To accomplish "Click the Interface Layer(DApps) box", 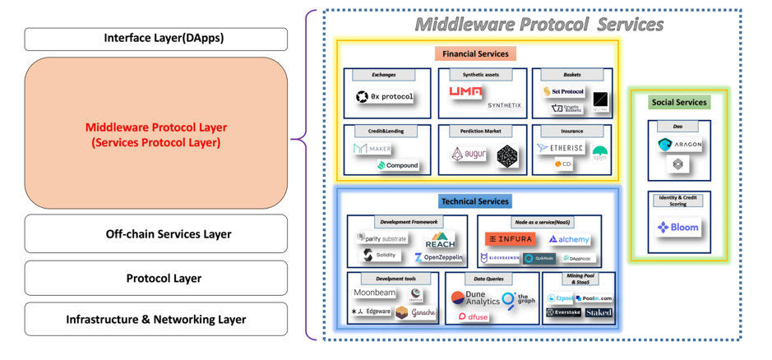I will pyautogui.click(x=156, y=39).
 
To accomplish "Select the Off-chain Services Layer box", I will pyautogui.click(x=156, y=234).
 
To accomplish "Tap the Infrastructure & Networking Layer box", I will pyautogui.click(x=156, y=319).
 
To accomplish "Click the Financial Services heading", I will pyautogui.click(x=474, y=53).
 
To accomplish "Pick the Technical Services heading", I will pyautogui.click(x=474, y=201).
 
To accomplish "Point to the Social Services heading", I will pyautogui.click(x=678, y=102).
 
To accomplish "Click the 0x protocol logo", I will pyautogui.click(x=384, y=97).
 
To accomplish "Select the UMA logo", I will pyautogui.click(x=466, y=93).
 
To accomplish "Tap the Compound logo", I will pyautogui.click(x=398, y=165).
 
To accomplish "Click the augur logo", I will pyautogui.click(x=469, y=154).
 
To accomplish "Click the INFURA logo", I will pyautogui.click(x=510, y=239).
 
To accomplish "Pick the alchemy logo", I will pyautogui.click(x=569, y=239).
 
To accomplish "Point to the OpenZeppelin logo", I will pyautogui.click(x=439, y=257).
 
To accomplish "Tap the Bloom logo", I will pyautogui.click(x=678, y=227).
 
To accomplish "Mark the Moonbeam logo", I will pyautogui.click(x=374, y=293).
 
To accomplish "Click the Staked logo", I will pyautogui.click(x=598, y=313).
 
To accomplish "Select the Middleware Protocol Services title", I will pyautogui.click(x=539, y=24).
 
